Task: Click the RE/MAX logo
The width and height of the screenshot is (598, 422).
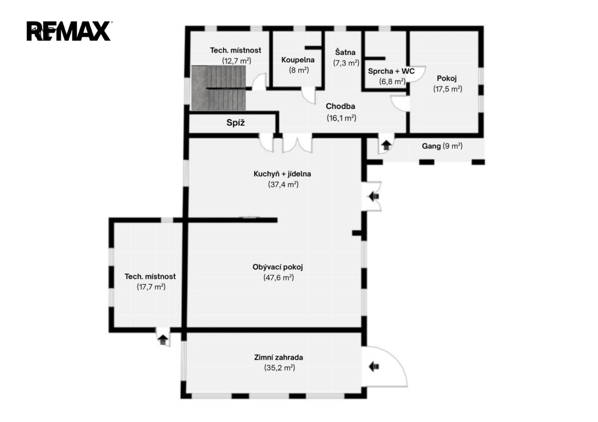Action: tap(69, 31)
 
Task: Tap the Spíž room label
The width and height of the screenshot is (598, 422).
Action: tap(235, 123)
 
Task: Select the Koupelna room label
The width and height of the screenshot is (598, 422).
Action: tap(298, 60)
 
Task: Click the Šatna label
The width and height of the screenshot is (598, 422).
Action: tap(345, 52)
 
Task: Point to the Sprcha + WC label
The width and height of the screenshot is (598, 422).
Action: tap(391, 71)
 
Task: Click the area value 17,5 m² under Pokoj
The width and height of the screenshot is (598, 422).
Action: tap(447, 89)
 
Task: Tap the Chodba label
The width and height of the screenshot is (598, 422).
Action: tap(340, 106)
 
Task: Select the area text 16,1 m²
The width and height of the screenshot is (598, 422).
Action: tap(341, 118)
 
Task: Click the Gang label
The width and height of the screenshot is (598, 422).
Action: tap(431, 146)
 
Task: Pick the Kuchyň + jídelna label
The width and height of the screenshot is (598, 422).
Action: tap(282, 174)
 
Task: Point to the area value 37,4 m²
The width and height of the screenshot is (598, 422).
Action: tap(283, 184)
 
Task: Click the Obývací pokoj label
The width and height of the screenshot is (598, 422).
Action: tap(277, 267)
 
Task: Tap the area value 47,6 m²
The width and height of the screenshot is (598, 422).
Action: tap(279, 277)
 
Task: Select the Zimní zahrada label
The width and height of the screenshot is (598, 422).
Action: tap(279, 357)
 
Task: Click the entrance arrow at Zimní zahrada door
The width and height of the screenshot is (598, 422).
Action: tap(374, 367)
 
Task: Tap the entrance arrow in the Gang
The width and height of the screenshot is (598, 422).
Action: tap(387, 145)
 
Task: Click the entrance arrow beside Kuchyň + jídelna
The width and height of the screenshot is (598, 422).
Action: tap(374, 196)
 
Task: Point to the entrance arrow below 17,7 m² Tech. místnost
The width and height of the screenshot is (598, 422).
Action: tap(163, 339)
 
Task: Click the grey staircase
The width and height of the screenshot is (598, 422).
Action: tap(218, 88)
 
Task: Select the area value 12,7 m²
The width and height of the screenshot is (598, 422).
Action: tap(237, 61)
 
